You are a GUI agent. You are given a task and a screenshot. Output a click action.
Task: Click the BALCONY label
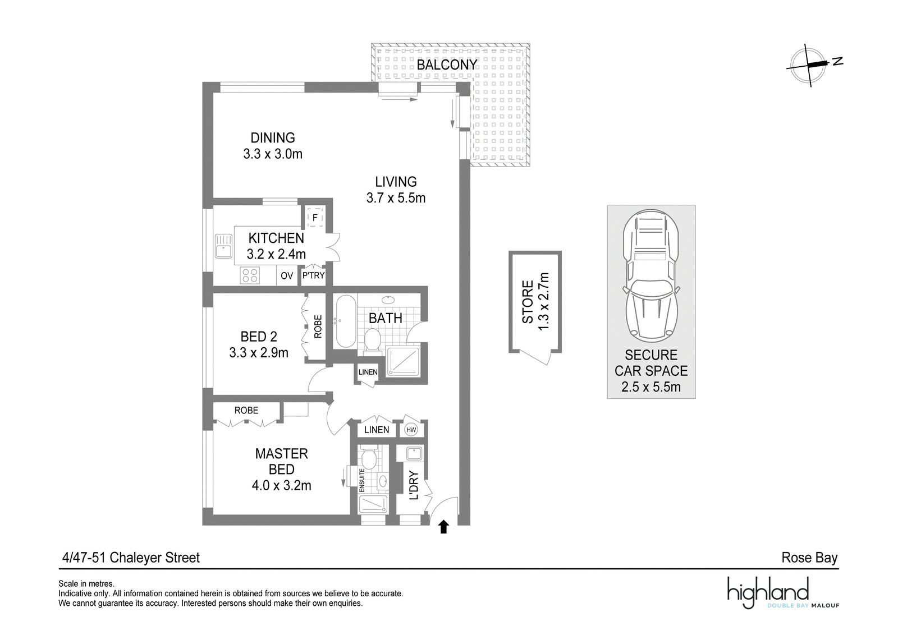(447, 65)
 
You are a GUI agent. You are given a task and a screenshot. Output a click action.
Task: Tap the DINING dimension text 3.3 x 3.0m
(273, 154)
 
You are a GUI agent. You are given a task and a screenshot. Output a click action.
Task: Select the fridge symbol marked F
(315, 218)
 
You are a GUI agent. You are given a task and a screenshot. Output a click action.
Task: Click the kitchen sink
(223, 246)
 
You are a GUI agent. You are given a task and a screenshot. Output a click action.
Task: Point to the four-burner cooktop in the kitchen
(250, 275)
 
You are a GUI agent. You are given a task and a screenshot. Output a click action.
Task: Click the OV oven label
(287, 275)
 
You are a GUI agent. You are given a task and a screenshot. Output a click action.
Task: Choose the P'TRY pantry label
(313, 275)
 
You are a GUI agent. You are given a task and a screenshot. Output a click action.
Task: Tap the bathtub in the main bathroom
(346, 321)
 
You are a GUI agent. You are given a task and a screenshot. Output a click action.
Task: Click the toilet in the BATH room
(373, 341)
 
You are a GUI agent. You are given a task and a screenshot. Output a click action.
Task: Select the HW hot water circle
(411, 430)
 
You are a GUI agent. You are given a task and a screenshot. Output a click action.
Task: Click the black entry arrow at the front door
(443, 527)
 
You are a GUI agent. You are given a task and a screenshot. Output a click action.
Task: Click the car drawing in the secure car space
(651, 275)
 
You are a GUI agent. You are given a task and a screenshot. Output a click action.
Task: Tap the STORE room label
(528, 302)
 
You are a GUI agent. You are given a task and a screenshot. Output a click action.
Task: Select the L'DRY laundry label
(414, 485)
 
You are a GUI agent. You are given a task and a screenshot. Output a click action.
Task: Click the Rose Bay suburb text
(809, 558)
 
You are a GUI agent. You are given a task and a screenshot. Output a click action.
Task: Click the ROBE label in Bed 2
(318, 326)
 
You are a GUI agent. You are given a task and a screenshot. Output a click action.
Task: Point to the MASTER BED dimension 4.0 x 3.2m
(281, 486)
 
